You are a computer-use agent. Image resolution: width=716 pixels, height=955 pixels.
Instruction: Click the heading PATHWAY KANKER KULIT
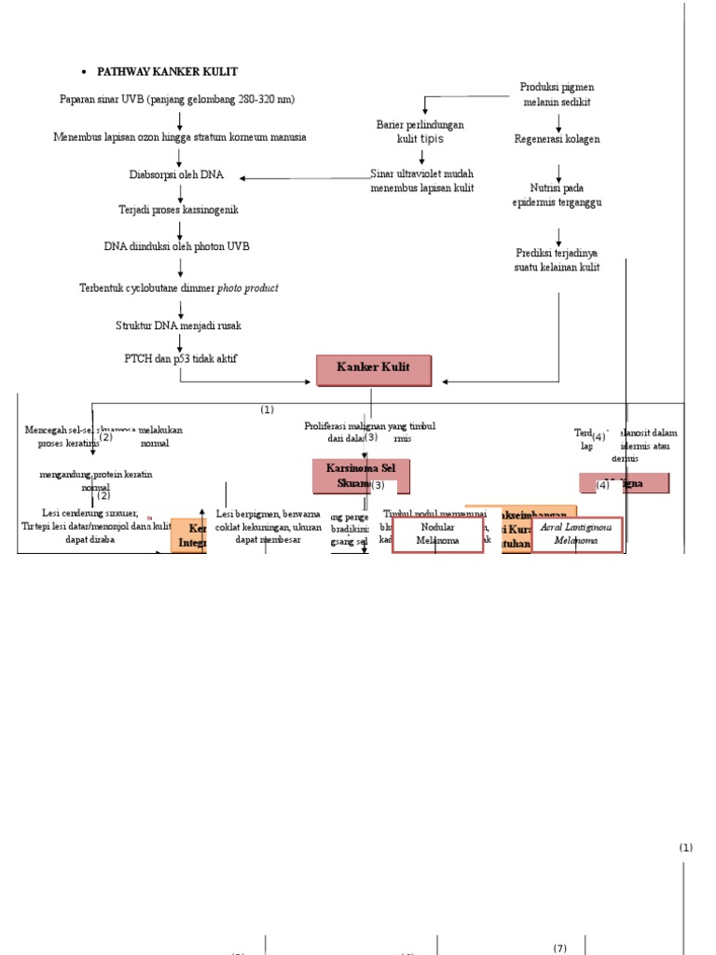[x=167, y=72]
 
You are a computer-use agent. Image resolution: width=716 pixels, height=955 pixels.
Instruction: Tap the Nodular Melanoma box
[x=437, y=534]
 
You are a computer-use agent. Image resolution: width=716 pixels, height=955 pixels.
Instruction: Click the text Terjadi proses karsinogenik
[x=178, y=210]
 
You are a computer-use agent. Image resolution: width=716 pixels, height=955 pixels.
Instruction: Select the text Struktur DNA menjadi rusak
[x=178, y=325]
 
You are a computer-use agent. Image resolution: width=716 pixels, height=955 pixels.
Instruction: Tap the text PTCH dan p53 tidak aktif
[x=180, y=358]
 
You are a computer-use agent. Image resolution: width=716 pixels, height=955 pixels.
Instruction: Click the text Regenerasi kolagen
[x=557, y=139]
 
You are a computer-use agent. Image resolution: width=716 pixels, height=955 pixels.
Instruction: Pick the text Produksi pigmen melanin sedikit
[x=557, y=94]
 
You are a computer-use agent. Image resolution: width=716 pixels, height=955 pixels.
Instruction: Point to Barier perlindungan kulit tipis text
[x=420, y=131]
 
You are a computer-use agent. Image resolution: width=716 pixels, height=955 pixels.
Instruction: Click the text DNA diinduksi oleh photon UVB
[x=176, y=247]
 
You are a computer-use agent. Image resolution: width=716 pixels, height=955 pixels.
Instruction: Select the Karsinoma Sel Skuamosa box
[x=360, y=476]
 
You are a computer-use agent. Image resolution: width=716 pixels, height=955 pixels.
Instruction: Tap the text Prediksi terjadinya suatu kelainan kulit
[x=557, y=260]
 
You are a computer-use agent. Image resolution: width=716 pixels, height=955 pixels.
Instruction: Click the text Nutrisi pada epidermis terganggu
[x=557, y=195]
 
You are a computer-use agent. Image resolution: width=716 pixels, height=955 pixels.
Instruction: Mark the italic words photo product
[x=247, y=288]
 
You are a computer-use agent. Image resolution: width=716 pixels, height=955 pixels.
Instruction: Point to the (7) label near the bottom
[x=559, y=948]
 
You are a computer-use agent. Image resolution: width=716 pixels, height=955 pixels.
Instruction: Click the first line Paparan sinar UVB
[x=176, y=99]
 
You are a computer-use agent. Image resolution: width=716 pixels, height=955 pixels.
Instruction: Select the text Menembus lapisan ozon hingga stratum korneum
[x=179, y=137]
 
